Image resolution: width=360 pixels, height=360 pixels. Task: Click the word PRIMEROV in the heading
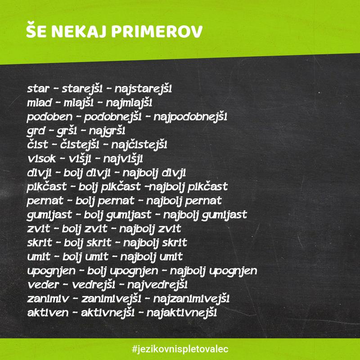(x=157, y=31)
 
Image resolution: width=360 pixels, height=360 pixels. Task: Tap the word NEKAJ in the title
(x=79, y=31)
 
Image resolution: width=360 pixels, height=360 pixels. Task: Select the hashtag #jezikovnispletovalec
(x=180, y=349)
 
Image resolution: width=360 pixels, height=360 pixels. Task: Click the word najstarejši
(x=143, y=89)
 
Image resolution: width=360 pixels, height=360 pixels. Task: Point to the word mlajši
(x=78, y=103)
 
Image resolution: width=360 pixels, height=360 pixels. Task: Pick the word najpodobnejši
(x=190, y=117)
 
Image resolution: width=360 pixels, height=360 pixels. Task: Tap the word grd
(x=36, y=131)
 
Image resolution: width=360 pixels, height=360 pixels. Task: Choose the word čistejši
(x=80, y=145)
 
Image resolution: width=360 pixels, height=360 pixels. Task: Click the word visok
(x=41, y=159)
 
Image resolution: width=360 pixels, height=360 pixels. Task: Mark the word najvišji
(x=123, y=159)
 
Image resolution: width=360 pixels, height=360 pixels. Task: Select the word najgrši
(x=107, y=131)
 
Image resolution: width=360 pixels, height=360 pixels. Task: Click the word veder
(x=43, y=285)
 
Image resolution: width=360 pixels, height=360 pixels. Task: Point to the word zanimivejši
(x=111, y=299)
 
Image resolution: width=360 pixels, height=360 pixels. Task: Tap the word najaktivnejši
(x=182, y=313)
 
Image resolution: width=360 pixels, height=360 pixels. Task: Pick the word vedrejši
(x=94, y=285)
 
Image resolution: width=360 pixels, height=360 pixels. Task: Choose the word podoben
(x=49, y=117)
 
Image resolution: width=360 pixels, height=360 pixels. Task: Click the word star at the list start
(x=38, y=89)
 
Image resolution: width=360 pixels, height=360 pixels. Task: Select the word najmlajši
(x=129, y=103)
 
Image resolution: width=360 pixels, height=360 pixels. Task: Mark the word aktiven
(x=48, y=313)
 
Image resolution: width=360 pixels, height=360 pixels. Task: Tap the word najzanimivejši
(x=191, y=299)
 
